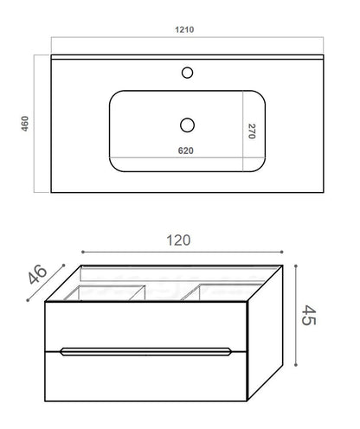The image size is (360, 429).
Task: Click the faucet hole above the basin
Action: pyautogui.click(x=187, y=73)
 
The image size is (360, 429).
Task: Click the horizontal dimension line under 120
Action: pyautogui.click(x=180, y=253)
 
